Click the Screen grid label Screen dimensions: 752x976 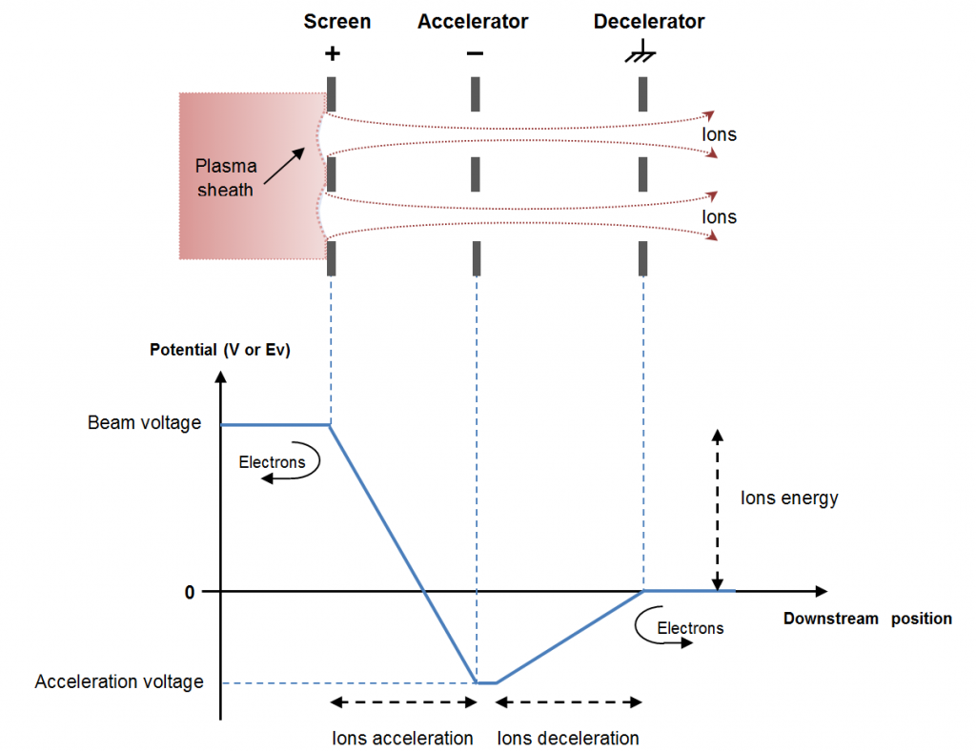336,21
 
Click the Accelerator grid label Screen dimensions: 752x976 473,21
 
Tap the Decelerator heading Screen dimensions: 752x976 649,21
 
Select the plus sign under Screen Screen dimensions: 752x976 332,53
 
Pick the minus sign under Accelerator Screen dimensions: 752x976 475,53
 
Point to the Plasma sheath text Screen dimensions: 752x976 226,178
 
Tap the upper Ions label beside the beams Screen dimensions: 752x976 720,134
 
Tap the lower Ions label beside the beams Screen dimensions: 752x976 720,217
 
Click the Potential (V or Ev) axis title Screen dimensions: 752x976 220,350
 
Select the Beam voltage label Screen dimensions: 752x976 145,422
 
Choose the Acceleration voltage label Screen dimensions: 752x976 119,681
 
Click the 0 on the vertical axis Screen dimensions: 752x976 190,592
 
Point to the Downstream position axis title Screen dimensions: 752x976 867,619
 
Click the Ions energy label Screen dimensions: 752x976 789,498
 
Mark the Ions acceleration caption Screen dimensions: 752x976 402,738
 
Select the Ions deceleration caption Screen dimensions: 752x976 568,738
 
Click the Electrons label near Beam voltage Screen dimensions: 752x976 272,463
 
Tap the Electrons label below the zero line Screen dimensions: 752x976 690,628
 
